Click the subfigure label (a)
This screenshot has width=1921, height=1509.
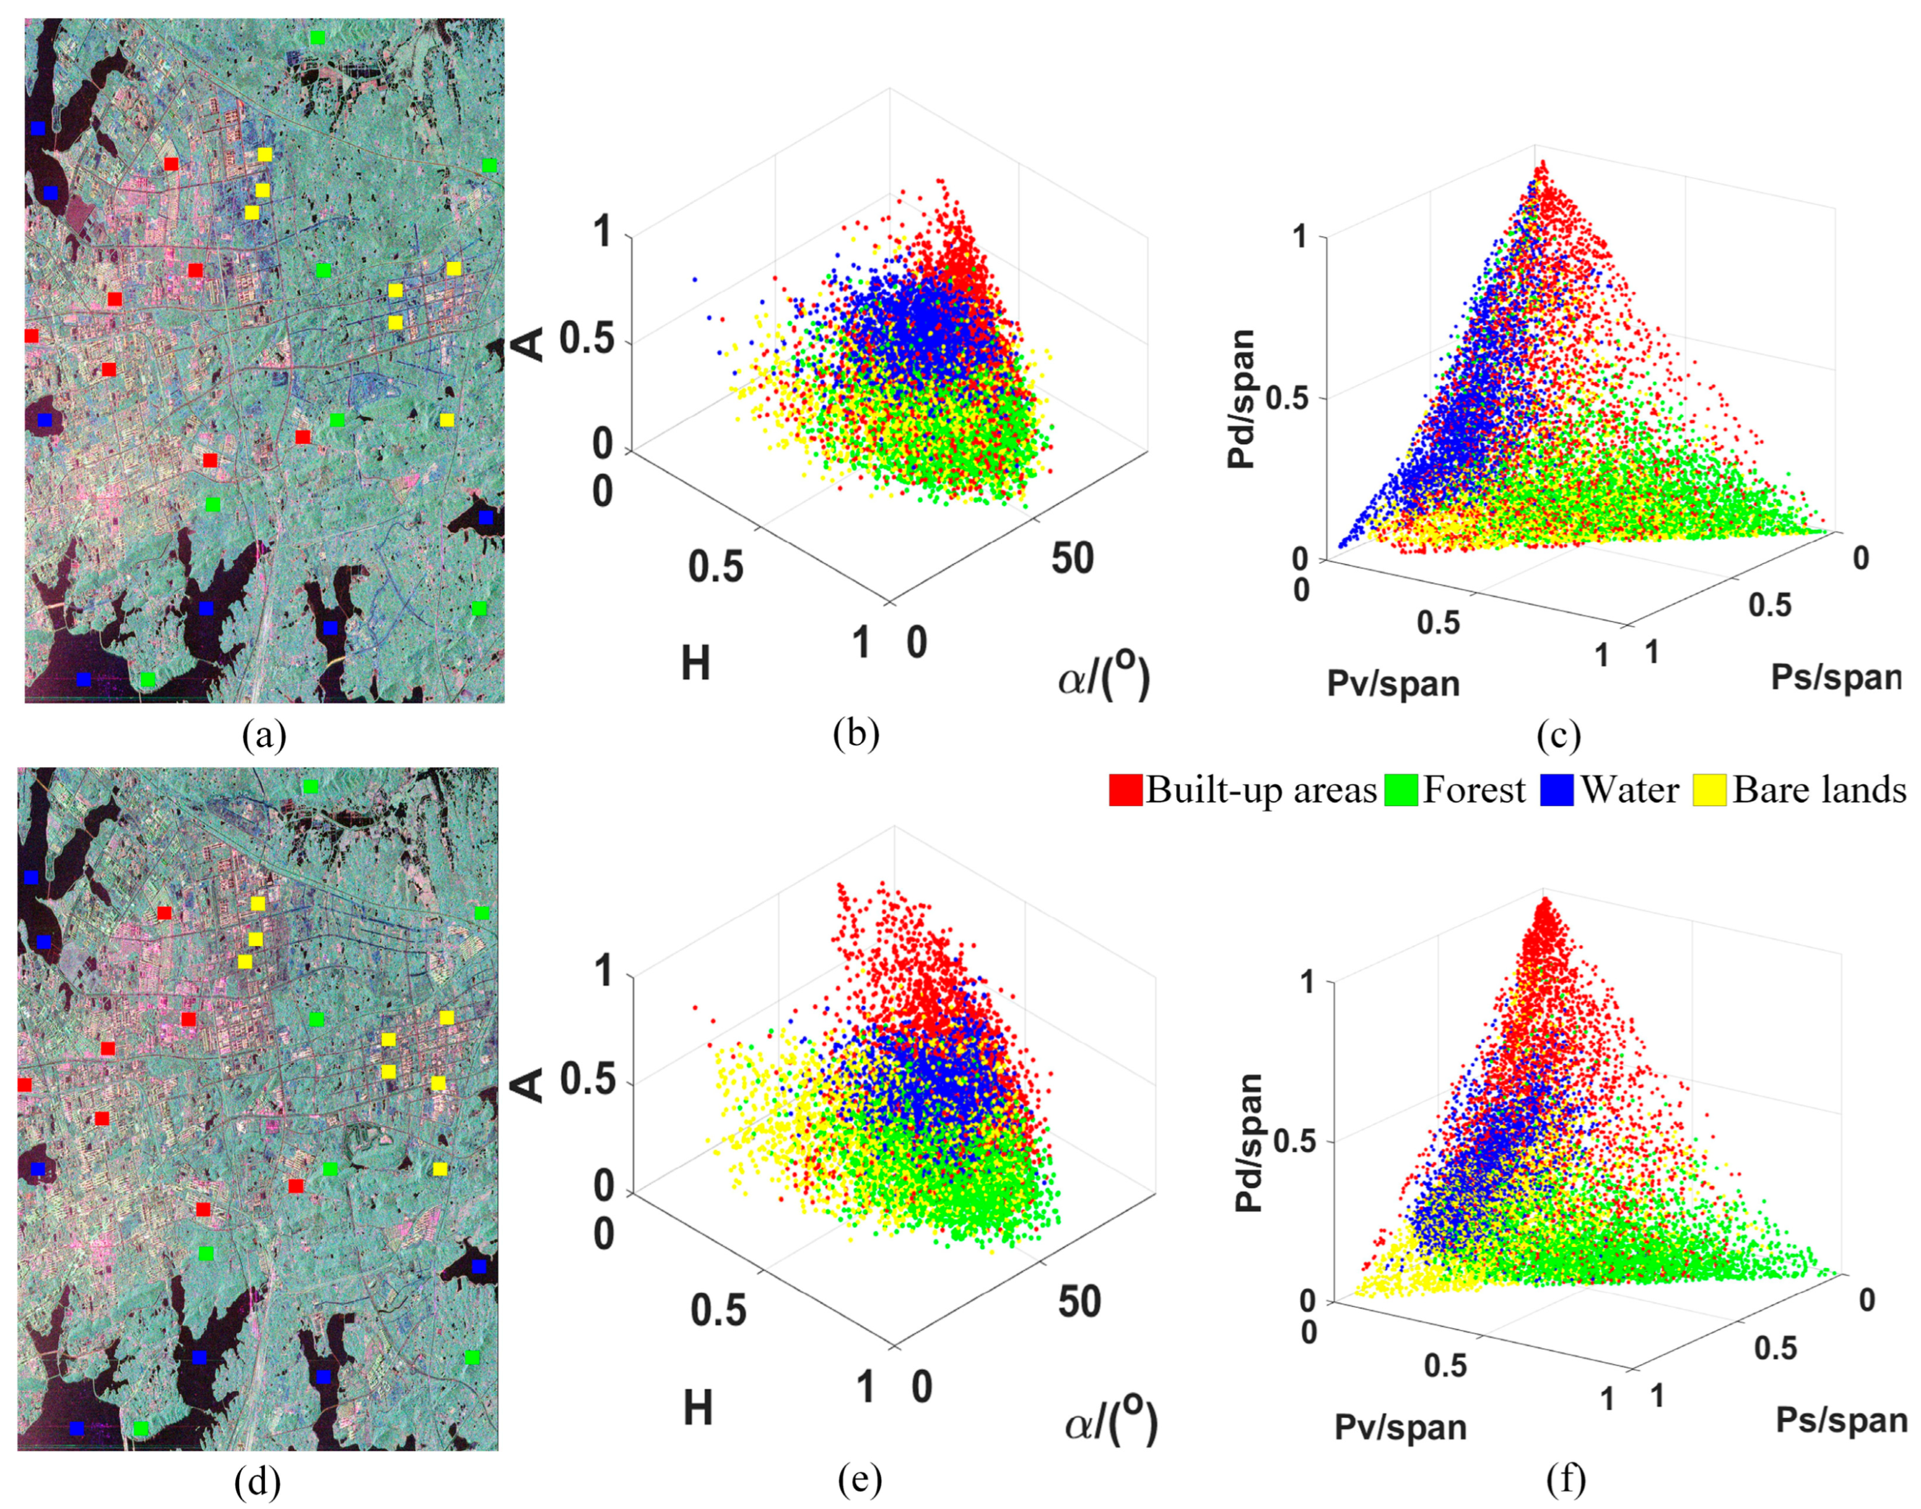coord(264,735)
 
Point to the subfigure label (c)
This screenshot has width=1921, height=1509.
coord(1559,735)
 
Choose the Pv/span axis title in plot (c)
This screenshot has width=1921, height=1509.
coord(1393,684)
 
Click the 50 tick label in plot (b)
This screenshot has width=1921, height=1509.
coord(1072,559)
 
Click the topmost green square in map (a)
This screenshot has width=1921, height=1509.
coord(317,37)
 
